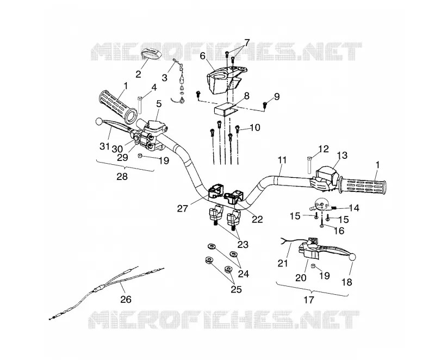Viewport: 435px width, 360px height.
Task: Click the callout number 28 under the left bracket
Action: click(122, 177)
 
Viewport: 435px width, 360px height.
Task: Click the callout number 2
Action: click(138, 74)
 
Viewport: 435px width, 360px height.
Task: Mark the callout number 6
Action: click(202, 55)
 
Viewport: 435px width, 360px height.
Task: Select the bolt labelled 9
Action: click(265, 105)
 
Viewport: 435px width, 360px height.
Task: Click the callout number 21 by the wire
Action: click(282, 263)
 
